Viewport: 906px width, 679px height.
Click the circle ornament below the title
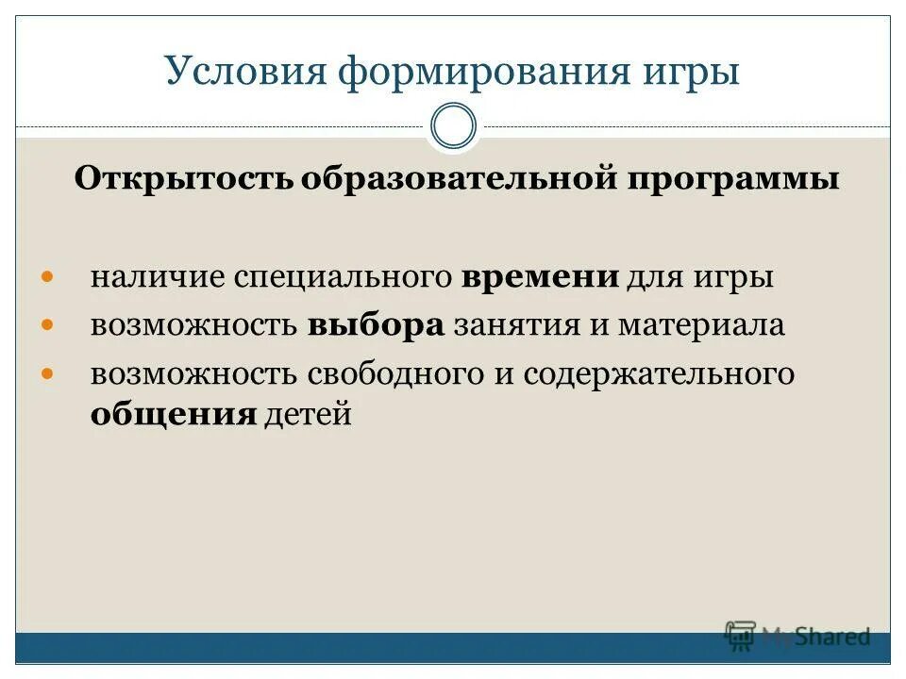[453, 126]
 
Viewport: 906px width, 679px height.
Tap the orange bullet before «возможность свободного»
[49, 373]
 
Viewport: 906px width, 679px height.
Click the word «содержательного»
[659, 373]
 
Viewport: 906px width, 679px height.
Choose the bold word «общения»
[174, 415]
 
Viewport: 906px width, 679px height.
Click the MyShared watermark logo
[797, 637]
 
